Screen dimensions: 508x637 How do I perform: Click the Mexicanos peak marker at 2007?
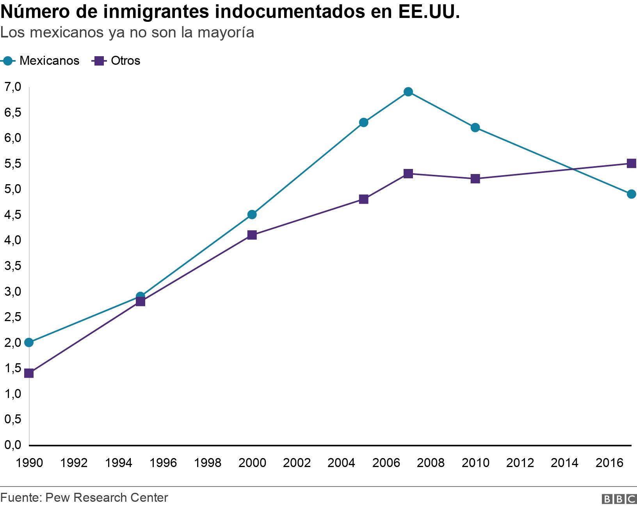click(408, 92)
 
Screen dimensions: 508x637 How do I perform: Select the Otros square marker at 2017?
click(631, 163)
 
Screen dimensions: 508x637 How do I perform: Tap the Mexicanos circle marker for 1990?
click(29, 343)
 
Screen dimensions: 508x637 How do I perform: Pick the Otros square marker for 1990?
click(29, 373)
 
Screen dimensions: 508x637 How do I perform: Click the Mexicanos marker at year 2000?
click(252, 215)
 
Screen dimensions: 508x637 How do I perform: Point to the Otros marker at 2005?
click(363, 199)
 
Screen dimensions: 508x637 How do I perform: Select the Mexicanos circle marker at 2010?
click(475, 128)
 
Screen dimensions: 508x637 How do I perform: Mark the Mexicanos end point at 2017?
click(631, 194)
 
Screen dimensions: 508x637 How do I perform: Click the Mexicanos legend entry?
click(41, 61)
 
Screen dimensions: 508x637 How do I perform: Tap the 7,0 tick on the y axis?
click(12, 87)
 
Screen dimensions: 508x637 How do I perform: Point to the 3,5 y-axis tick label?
click(12, 266)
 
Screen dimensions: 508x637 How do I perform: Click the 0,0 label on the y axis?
click(12, 445)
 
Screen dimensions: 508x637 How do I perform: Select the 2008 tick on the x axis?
click(431, 463)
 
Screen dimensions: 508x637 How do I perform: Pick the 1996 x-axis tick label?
click(163, 463)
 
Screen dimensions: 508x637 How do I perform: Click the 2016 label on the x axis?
click(609, 463)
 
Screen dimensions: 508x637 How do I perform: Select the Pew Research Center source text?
click(107, 497)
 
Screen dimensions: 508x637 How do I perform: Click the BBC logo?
click(619, 499)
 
